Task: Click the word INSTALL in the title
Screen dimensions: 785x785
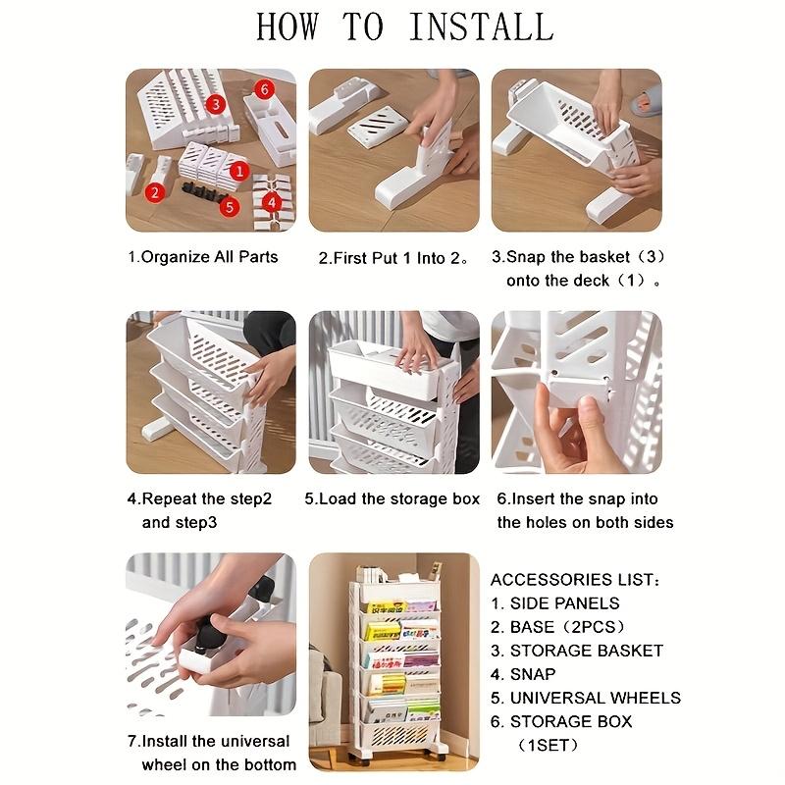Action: click(481, 26)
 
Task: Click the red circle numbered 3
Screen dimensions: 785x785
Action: click(216, 102)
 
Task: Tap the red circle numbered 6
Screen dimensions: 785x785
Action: click(262, 89)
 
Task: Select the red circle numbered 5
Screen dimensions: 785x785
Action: click(228, 206)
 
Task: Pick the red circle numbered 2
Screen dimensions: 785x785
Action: click(154, 193)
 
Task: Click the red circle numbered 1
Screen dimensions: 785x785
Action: click(236, 170)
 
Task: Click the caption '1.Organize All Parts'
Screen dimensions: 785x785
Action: click(203, 257)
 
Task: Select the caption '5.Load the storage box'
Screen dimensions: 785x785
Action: click(392, 498)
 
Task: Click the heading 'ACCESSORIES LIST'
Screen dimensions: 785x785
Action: click(575, 580)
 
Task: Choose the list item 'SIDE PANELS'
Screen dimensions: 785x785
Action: click(555, 603)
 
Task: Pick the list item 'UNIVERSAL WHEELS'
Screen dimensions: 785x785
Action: click(586, 698)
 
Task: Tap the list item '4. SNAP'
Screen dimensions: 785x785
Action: click(523, 674)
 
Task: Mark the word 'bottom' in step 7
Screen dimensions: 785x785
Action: click(268, 764)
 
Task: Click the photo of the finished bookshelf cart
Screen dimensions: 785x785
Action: click(393, 662)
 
